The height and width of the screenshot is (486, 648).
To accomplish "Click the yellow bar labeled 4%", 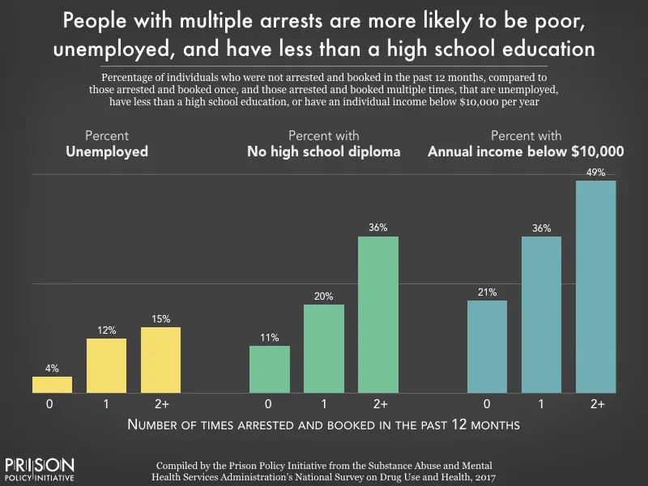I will [x=52, y=384].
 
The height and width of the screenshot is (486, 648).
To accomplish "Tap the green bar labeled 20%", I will [x=324, y=348].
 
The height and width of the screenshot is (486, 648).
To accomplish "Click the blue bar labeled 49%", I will [x=595, y=286].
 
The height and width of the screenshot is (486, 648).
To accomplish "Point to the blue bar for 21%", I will [x=487, y=346].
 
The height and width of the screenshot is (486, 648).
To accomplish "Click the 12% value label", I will [x=106, y=330].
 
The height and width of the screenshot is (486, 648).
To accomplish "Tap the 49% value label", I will [x=595, y=173].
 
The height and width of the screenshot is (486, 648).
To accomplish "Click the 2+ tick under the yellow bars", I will [x=160, y=403].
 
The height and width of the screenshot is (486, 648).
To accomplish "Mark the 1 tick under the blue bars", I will [x=541, y=403].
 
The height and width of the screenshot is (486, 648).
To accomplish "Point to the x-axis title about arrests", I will [x=324, y=424].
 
